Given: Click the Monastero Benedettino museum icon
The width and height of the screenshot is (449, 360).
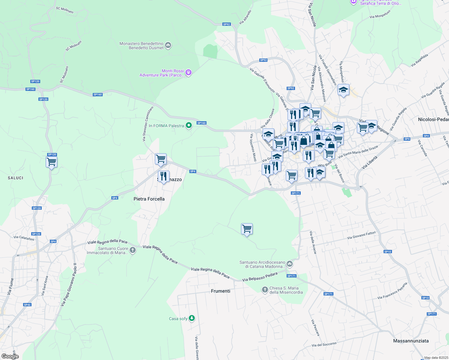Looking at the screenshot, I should (168, 45).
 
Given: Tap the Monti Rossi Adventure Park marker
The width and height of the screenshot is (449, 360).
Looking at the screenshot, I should (188, 72).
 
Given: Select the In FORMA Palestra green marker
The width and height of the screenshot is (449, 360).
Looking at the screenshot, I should (189, 125).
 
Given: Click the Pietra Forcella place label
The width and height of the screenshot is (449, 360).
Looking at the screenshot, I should (149, 199).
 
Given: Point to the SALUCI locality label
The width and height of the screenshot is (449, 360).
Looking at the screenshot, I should (16, 178).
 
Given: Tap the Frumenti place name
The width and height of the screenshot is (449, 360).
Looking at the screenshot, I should (221, 291).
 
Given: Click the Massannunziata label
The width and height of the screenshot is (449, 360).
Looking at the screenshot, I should (411, 341).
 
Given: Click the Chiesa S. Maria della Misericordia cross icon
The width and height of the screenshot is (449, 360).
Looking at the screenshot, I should (265, 290).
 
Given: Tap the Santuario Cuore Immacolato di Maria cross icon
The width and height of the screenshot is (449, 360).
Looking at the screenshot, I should (133, 250).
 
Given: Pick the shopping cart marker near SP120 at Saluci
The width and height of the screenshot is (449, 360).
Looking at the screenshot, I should (52, 162).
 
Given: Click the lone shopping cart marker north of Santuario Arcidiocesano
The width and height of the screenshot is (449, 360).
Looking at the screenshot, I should (247, 229).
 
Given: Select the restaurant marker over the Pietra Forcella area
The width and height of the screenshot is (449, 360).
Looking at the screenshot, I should (164, 176).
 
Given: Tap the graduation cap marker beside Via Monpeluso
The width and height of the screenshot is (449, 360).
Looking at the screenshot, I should (343, 90).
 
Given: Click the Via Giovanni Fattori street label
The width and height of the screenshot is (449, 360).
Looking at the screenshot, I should (361, 235).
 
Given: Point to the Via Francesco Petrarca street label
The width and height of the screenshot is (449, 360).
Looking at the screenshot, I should (392, 290).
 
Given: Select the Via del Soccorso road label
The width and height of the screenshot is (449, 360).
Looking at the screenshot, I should (324, 344).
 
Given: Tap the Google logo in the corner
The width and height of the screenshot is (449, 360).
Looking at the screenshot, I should (10, 356).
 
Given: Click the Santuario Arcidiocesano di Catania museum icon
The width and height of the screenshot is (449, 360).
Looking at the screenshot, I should (290, 264).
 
